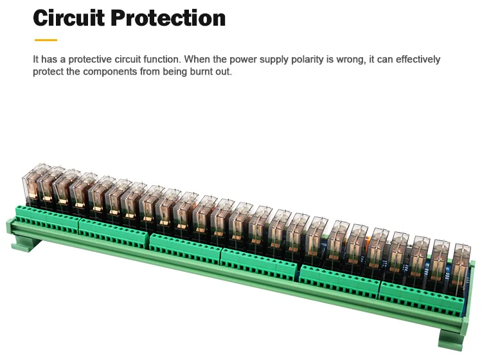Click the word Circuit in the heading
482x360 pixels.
point(69,17)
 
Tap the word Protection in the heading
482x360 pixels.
point(168,17)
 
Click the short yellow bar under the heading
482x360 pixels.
point(45,40)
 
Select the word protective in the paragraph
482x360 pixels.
point(89,59)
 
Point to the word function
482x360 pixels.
point(162,59)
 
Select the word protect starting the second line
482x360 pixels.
point(47,71)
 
